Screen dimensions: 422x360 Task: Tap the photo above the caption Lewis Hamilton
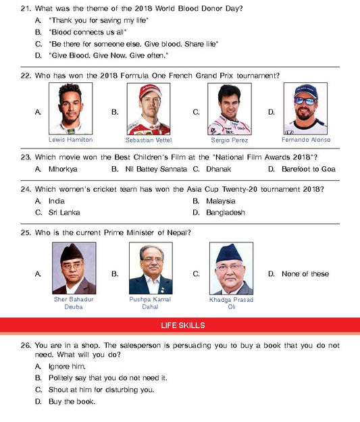click(x=71, y=109)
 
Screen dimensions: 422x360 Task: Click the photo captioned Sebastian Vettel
click(x=149, y=109)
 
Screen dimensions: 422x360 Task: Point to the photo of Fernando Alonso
click(x=305, y=109)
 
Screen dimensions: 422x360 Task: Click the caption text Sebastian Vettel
click(x=149, y=140)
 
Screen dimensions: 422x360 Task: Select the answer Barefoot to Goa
click(x=308, y=169)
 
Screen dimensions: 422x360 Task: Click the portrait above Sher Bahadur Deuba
click(x=74, y=268)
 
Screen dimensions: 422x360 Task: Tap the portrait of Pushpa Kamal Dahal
click(x=150, y=268)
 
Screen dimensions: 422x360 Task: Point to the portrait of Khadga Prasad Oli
click(x=230, y=268)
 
